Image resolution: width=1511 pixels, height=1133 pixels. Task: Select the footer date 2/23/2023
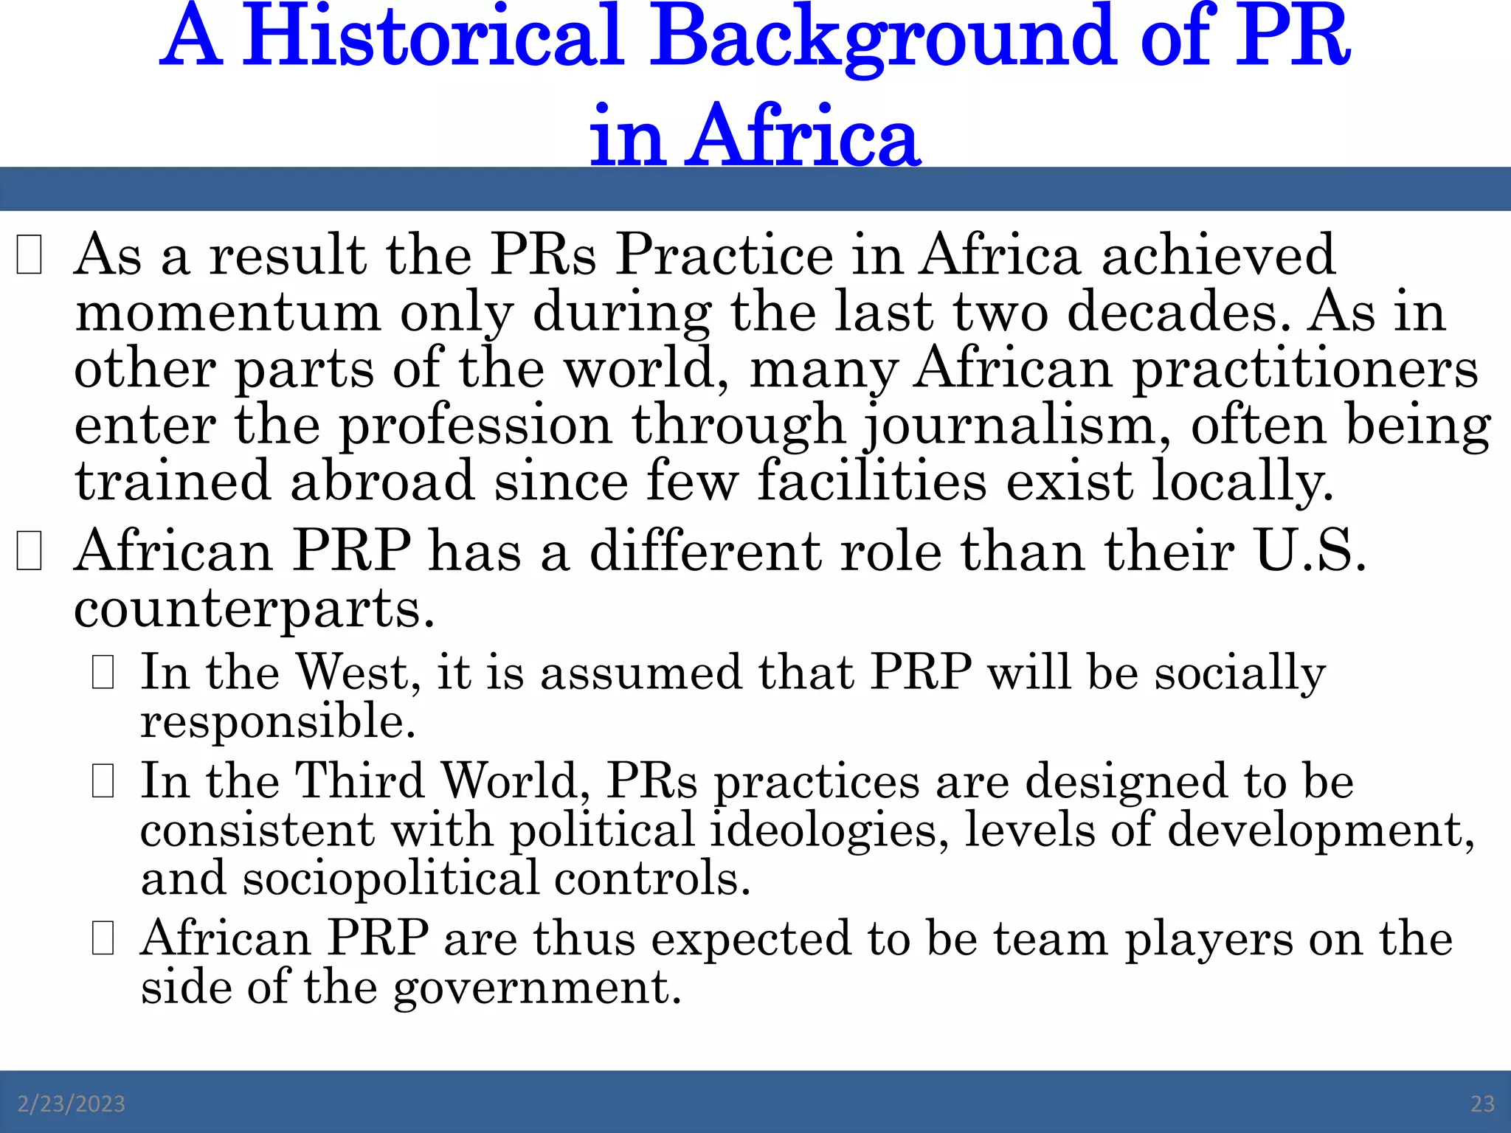point(72,1103)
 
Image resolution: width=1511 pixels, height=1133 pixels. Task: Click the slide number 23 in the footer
point(1482,1103)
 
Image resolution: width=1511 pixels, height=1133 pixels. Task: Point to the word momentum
point(228,311)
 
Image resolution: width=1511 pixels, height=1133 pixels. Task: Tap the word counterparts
point(254,610)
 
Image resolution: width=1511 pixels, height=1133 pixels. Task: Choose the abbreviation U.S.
point(1310,551)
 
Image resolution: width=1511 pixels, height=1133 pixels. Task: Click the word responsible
point(278,721)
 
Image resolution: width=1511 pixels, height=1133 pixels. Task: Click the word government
point(537,988)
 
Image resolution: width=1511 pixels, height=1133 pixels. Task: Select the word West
point(358,672)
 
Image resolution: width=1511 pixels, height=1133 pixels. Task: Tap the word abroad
point(382,481)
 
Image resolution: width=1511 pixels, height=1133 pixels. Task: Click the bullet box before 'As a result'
point(29,254)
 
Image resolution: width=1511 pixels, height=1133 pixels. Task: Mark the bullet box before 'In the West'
point(103,673)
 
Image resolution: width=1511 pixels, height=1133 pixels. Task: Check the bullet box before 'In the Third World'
point(103,782)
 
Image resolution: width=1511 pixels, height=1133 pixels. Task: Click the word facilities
point(872,481)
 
